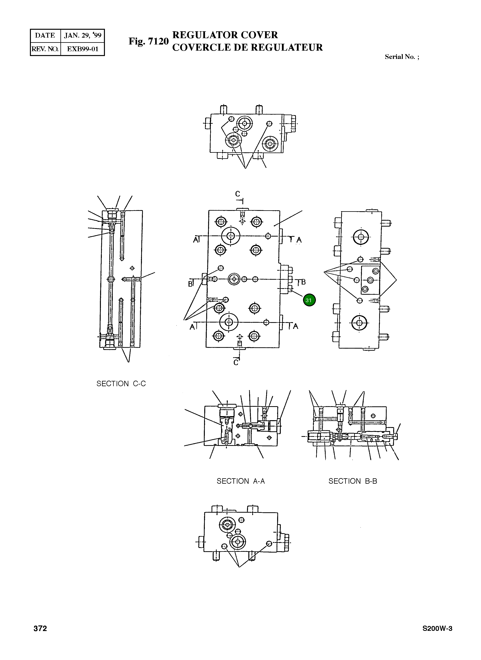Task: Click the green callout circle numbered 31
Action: (309, 300)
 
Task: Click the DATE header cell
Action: (45, 35)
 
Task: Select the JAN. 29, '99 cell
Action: (82, 35)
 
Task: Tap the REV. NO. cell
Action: (45, 49)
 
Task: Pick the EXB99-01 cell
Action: (82, 49)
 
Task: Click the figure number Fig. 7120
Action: (148, 41)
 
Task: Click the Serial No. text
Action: (402, 57)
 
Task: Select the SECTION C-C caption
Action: (121, 384)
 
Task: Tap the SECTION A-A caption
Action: (240, 481)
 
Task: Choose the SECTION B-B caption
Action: (353, 481)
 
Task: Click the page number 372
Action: (40, 628)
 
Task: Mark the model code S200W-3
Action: (437, 628)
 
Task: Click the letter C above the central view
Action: (238, 194)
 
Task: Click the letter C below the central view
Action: (236, 363)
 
